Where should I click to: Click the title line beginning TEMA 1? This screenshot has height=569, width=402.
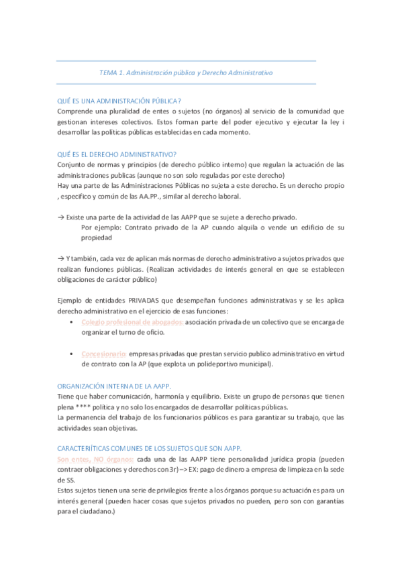186,72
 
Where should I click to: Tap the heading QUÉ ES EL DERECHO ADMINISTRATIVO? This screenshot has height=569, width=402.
117,154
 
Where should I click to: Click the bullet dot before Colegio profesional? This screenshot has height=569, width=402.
72,322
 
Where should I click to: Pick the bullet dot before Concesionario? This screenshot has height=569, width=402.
72,353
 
